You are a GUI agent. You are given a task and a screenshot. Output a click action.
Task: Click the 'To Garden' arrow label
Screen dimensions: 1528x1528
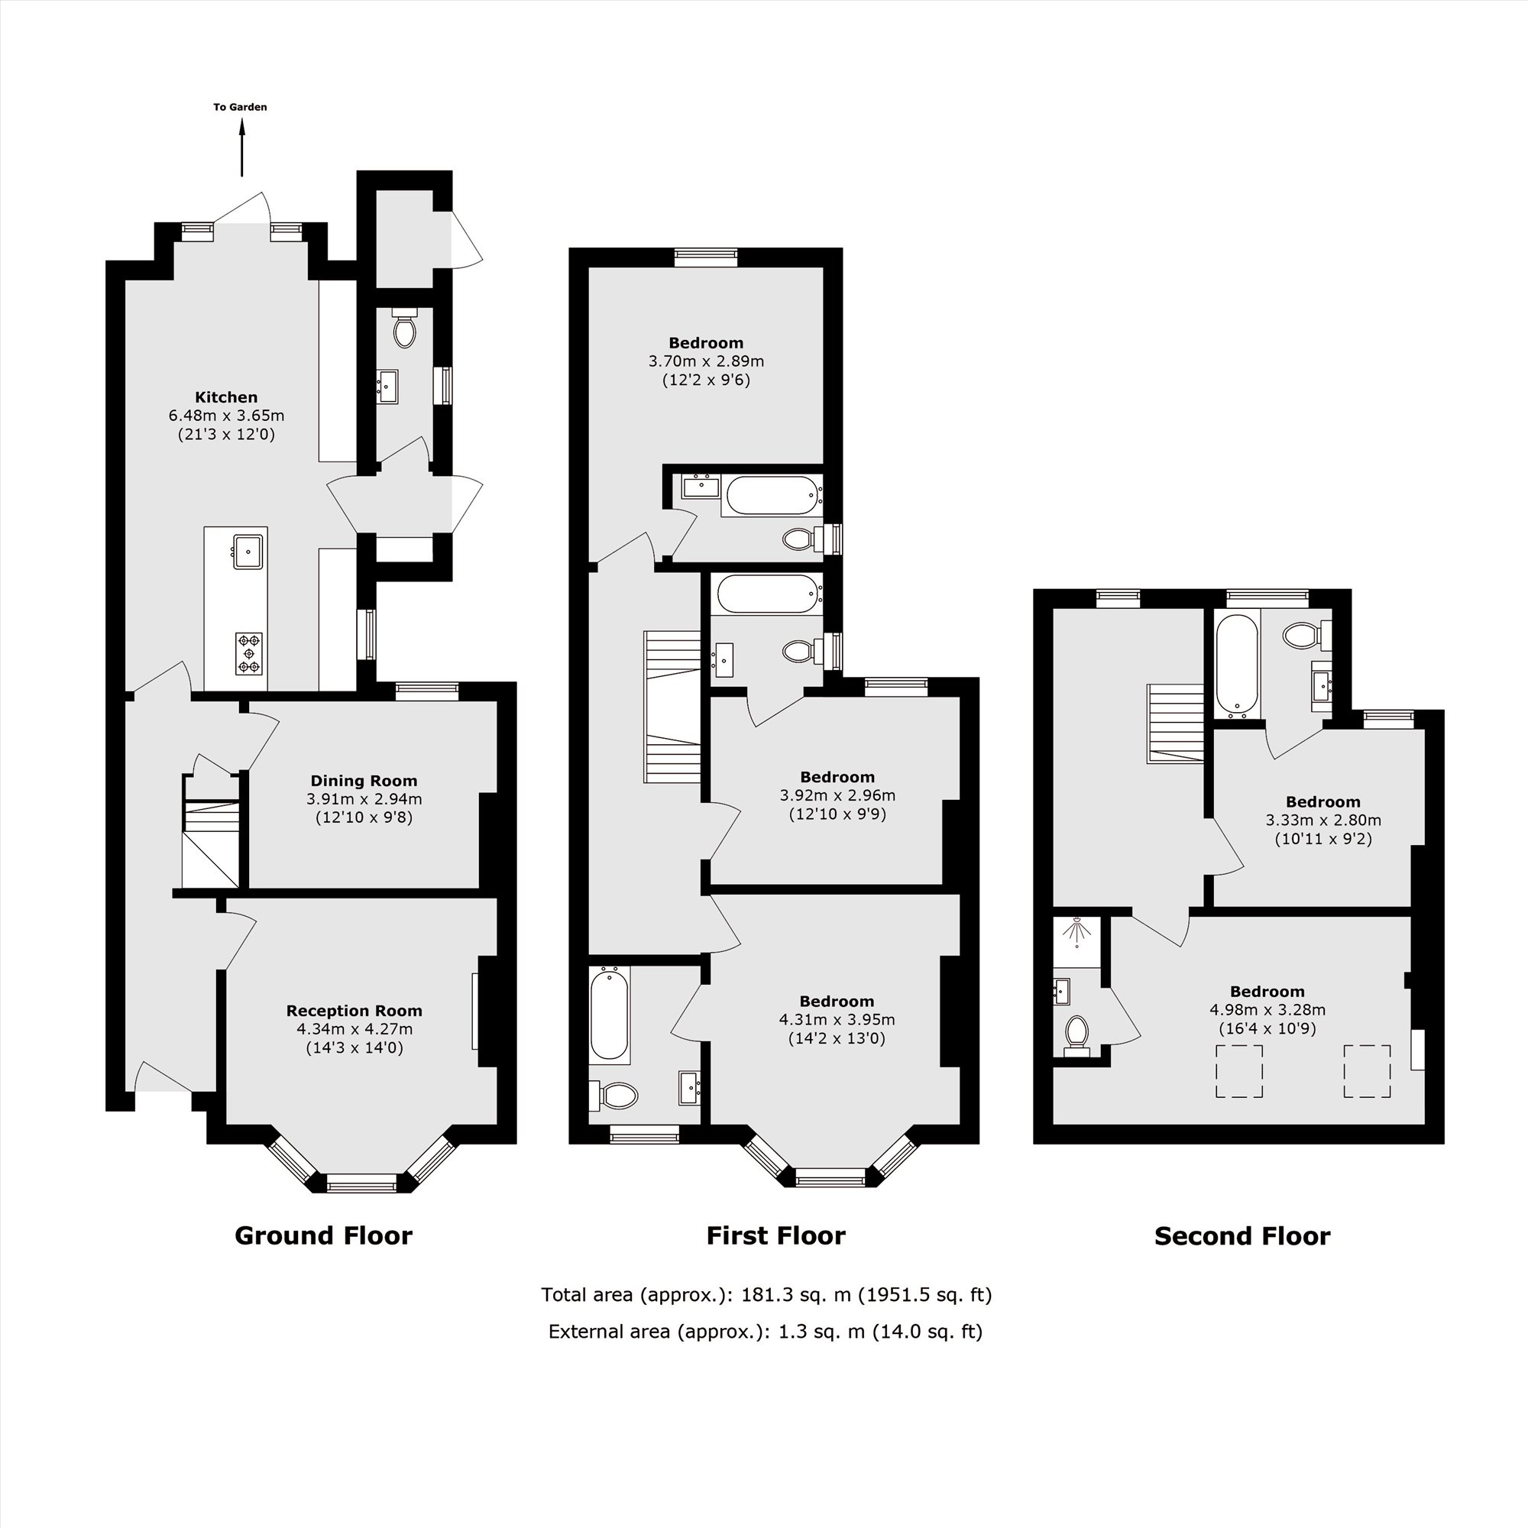coord(240,107)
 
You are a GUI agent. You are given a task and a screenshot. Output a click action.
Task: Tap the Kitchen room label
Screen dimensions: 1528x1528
coord(226,397)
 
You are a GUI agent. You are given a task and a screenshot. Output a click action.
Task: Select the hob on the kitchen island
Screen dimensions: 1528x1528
coord(249,653)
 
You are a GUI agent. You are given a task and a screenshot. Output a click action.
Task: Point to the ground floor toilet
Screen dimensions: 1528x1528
coord(404,330)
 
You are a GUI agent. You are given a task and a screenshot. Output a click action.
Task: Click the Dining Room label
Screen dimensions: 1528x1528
coord(364,781)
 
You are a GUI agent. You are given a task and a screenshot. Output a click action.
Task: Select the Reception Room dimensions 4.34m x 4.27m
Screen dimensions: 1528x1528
coord(354,1029)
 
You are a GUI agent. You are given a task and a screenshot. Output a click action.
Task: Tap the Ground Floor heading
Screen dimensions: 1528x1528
coord(323,1235)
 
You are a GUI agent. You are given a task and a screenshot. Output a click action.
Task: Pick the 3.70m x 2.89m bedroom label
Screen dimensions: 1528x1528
coord(706,343)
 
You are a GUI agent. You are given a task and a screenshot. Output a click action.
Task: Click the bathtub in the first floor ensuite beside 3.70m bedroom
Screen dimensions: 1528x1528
coord(770,495)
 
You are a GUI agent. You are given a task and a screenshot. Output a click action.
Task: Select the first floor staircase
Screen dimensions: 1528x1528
coord(672,706)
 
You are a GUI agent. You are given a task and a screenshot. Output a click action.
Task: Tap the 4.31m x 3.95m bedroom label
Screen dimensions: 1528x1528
coord(837,1002)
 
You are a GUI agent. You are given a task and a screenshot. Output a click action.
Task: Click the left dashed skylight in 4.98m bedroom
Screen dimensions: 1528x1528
coord(1238,1071)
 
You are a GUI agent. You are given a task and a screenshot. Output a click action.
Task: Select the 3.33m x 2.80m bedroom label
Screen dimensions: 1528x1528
coord(1323,802)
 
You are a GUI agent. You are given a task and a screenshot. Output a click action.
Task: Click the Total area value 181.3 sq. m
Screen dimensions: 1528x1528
coord(795,1295)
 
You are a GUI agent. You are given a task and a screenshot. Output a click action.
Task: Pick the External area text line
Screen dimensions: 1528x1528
coord(765,1331)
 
